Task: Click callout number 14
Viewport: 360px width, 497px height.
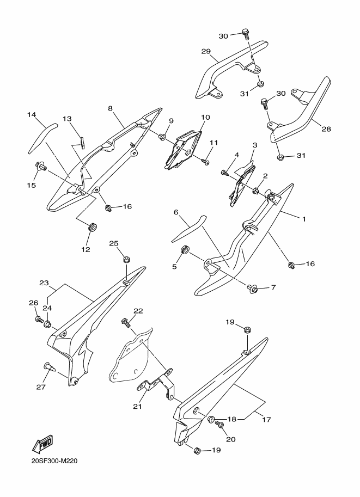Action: [32, 115]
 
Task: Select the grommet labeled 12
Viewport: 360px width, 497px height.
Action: [92, 227]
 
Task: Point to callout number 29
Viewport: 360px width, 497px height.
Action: [206, 51]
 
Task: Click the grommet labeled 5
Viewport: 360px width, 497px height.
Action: [184, 250]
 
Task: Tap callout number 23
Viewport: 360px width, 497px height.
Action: [44, 283]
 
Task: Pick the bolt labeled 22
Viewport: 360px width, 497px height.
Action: [126, 323]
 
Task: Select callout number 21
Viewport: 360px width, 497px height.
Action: [138, 406]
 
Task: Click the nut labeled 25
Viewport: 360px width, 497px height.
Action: [126, 259]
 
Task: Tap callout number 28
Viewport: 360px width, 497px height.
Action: [326, 128]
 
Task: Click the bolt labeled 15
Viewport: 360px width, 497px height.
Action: [41, 166]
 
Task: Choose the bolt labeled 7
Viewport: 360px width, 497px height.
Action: [251, 288]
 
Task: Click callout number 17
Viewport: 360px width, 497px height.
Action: [267, 419]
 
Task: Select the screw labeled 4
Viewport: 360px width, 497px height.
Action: [225, 173]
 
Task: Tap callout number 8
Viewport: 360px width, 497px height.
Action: [110, 108]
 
